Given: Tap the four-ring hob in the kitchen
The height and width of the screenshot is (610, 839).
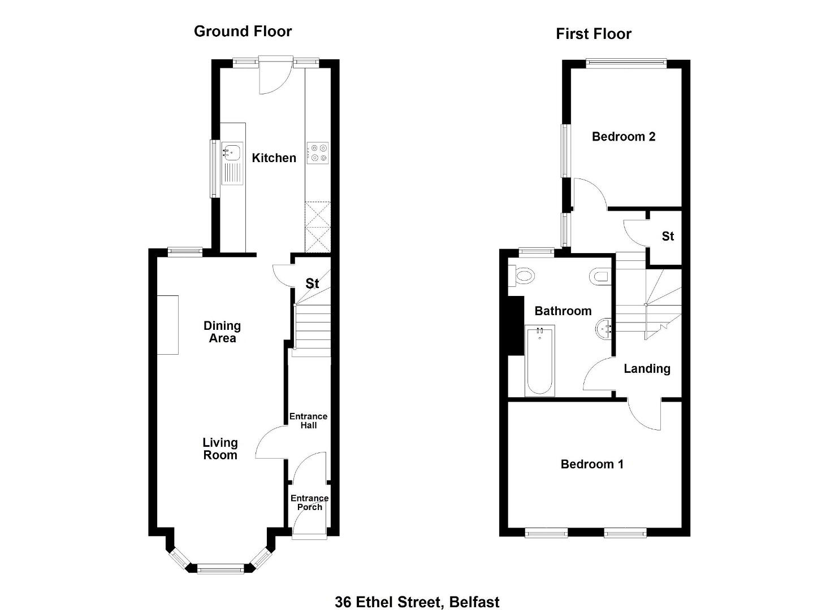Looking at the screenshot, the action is click(x=318, y=153).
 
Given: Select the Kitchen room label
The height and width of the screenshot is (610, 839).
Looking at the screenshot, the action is click(x=274, y=158).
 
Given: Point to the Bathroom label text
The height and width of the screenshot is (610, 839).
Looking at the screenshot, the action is click(x=563, y=311).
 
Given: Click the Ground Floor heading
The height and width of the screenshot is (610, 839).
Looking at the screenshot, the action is click(x=243, y=32).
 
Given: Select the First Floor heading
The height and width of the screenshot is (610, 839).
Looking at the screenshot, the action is click(x=593, y=34).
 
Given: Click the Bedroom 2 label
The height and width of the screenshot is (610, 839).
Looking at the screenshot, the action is click(x=624, y=137).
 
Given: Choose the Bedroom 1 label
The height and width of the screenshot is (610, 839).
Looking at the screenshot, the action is click(x=592, y=464).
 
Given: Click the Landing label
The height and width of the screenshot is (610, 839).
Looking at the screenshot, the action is click(x=647, y=369).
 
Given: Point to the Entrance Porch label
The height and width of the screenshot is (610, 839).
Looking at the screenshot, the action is click(x=309, y=502).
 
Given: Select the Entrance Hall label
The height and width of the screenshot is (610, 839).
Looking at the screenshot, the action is click(x=308, y=421).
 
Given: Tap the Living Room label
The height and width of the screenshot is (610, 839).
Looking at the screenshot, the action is click(x=220, y=448).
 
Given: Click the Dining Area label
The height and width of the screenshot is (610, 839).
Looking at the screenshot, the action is click(x=222, y=332).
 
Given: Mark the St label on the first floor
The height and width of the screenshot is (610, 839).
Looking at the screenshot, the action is click(x=668, y=236).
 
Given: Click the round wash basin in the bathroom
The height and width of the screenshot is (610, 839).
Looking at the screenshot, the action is click(x=603, y=329).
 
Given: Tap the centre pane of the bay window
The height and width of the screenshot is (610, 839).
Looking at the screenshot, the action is click(x=220, y=570).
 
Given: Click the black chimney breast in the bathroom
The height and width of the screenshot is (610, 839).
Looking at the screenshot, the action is click(x=516, y=325).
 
